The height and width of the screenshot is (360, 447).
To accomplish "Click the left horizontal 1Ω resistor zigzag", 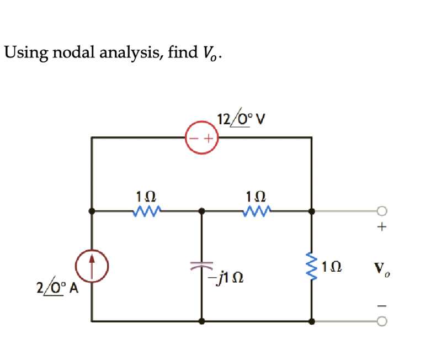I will (147, 210).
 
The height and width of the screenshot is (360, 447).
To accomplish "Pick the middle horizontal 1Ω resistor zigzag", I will (257, 210).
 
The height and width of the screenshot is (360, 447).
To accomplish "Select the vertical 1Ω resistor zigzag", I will (312, 266).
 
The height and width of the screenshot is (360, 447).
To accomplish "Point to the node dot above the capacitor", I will (201, 210).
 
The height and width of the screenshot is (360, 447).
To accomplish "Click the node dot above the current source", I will (92, 210).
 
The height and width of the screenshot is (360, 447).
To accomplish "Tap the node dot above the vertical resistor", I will (312, 210).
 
